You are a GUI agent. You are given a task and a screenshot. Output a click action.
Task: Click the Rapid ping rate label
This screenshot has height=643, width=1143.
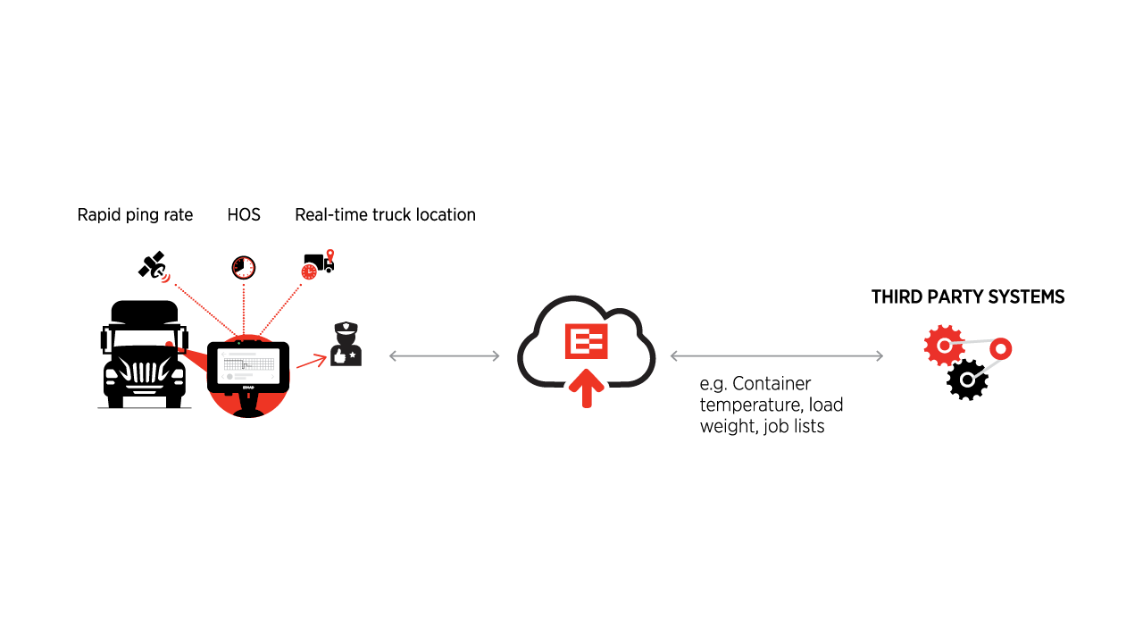135,215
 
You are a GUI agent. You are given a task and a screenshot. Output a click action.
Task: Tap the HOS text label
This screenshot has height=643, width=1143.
244,215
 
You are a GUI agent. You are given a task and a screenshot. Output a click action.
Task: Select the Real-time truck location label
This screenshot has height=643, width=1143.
385,215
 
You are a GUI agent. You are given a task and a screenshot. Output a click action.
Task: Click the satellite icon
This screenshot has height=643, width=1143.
153,265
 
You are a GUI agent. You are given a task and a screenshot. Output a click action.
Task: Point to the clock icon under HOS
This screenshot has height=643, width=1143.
243,266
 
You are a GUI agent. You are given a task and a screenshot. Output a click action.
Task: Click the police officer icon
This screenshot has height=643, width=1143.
346,344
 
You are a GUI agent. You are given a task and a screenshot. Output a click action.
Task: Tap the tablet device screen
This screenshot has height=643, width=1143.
250,363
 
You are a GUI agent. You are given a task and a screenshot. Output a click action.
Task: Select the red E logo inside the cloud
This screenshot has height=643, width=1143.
587,341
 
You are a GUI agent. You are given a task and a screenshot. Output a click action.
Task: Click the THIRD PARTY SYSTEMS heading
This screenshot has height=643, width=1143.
968,297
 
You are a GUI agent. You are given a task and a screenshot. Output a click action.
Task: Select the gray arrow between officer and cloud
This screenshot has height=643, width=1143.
445,356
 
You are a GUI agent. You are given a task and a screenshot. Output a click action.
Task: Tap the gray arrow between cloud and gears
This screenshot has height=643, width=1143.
776,356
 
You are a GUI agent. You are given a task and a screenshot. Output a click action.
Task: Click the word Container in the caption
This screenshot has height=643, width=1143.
772,384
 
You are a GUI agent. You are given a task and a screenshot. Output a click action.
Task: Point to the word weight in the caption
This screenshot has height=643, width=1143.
725,427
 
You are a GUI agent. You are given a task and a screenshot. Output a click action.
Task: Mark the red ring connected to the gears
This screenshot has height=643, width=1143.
999,348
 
